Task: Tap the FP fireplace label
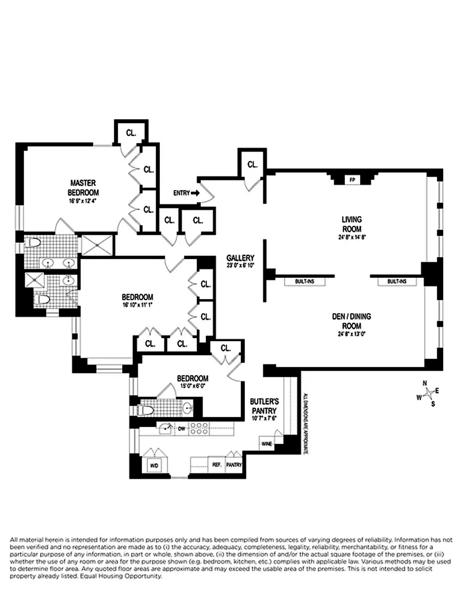coord(352,180)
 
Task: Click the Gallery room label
coord(240,258)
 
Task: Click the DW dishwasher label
coord(181,429)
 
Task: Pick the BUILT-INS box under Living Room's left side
coord(305,281)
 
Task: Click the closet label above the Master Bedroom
coord(131,133)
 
